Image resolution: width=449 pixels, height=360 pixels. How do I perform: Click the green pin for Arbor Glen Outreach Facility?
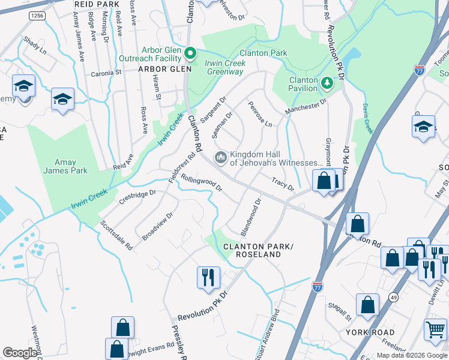[x=190, y=54]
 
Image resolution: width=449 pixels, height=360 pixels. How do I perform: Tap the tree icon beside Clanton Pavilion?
[x=327, y=82]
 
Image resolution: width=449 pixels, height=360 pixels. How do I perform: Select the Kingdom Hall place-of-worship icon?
[x=220, y=157]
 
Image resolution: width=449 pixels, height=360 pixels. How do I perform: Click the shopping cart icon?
[x=435, y=329]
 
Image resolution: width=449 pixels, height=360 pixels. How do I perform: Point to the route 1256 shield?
[x=37, y=15]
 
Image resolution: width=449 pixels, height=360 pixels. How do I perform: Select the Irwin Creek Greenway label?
[x=216, y=67]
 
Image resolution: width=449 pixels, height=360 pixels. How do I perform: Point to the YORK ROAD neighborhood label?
[x=370, y=332]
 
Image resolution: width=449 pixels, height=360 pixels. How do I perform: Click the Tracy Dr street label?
[x=283, y=184]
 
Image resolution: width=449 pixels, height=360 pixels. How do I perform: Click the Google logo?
[x=20, y=353]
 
